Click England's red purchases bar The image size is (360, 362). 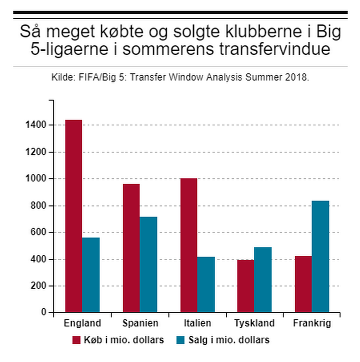[x=73, y=216]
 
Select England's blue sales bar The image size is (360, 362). [x=91, y=275]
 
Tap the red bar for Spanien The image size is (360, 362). [x=131, y=248]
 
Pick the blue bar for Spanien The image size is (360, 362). [x=148, y=264]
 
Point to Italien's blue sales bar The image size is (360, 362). [x=206, y=284]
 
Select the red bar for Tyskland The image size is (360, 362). [x=246, y=286]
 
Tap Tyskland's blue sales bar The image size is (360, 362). [x=263, y=279]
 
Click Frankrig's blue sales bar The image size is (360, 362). [x=320, y=256]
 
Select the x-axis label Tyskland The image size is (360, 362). [x=254, y=323]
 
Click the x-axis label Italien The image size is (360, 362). [x=198, y=323]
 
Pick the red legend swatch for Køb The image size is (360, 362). [x=76, y=341]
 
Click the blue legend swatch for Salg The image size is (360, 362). [x=181, y=341]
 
